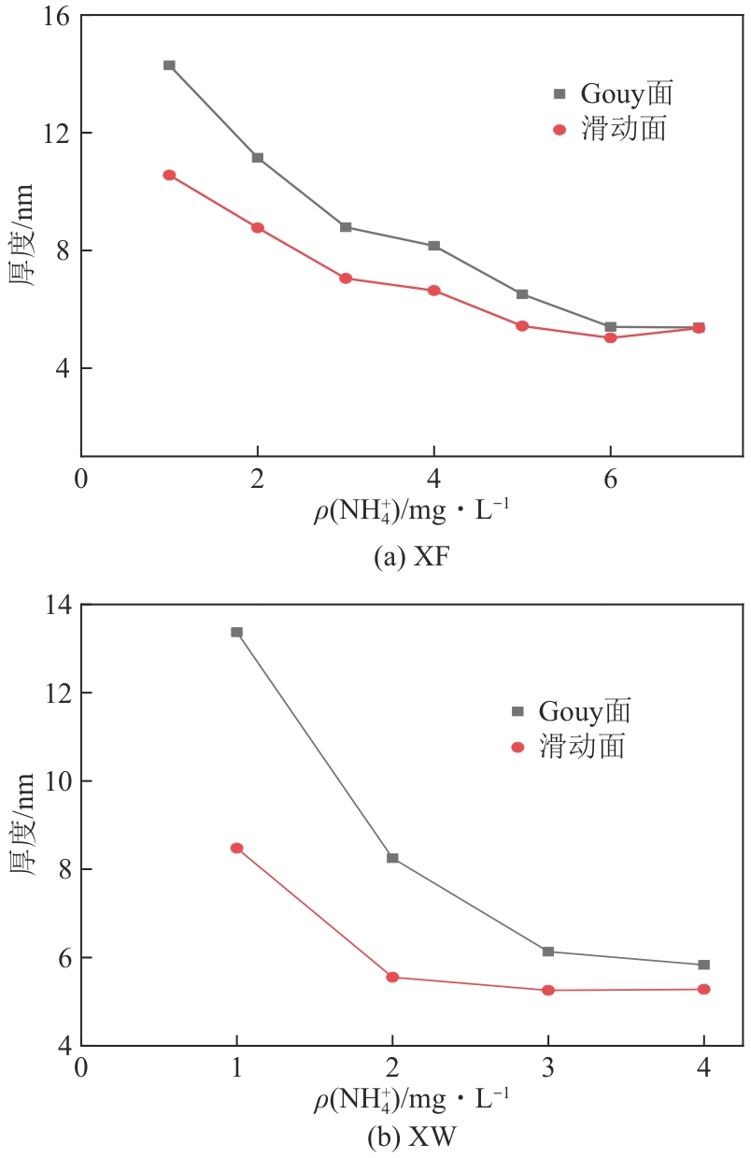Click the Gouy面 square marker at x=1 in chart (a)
[x=169, y=65]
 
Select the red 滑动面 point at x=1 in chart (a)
[x=169, y=175]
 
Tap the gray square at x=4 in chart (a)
[x=434, y=246]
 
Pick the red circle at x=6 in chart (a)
[x=610, y=337]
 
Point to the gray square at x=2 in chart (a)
[x=257, y=157]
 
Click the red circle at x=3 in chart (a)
[x=346, y=279]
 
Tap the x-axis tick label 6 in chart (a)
[x=610, y=479]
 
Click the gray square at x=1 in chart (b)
[x=236, y=633]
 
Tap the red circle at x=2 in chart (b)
[x=392, y=978]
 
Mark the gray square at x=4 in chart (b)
[x=703, y=965]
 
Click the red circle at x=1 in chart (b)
[x=236, y=849]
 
